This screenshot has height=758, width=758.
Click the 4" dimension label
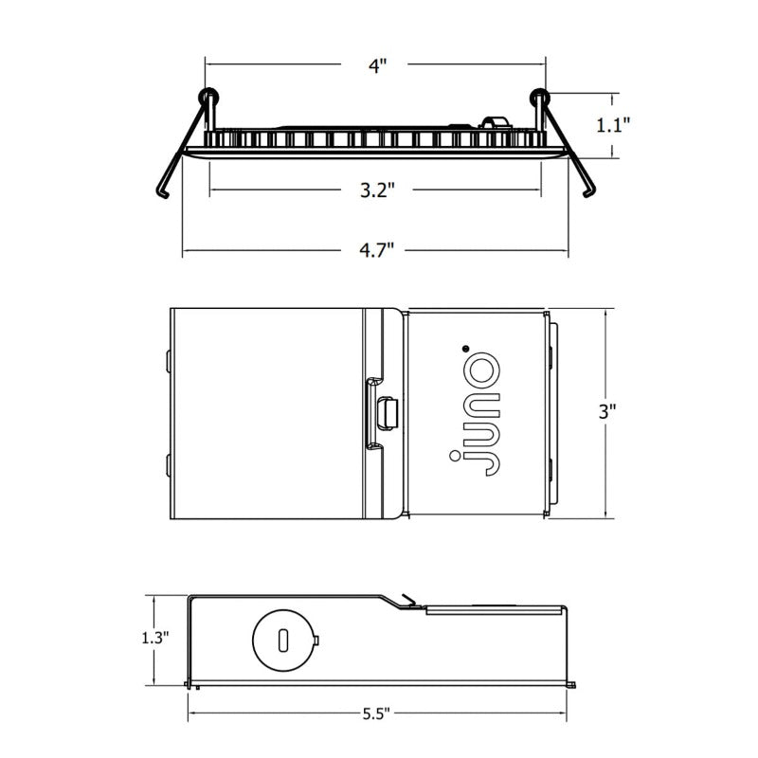[377, 65]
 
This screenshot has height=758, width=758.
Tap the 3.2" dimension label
[377, 190]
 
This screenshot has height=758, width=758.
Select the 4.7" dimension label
[376, 250]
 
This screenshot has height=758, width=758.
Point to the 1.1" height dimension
[613, 125]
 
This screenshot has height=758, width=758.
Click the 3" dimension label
[607, 411]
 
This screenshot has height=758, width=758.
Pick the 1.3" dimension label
[154, 638]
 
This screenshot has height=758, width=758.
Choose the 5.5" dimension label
[375, 713]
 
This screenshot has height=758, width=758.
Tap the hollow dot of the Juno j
[455, 456]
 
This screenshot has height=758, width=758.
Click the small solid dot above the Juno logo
[465, 348]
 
